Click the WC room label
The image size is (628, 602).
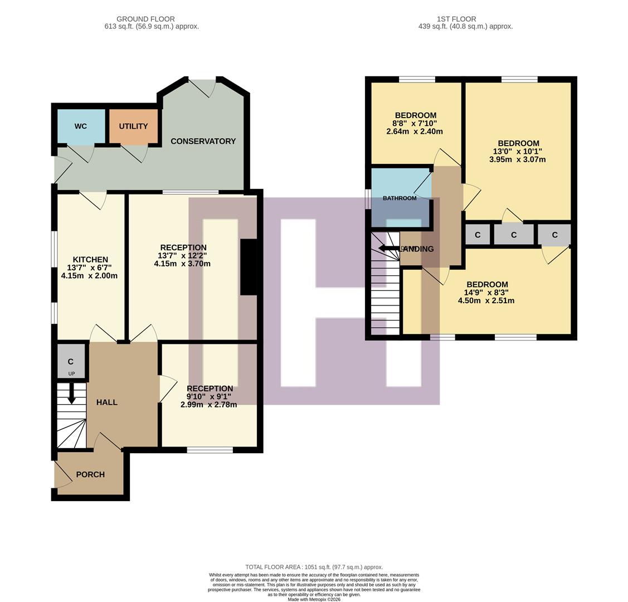[x=80, y=127]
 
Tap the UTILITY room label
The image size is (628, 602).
[x=133, y=127]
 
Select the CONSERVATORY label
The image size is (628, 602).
[x=203, y=142]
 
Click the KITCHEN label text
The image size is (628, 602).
[x=90, y=259]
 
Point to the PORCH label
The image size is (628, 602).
[x=90, y=474]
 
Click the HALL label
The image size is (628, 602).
[x=106, y=402]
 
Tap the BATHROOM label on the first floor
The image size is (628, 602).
[x=400, y=198]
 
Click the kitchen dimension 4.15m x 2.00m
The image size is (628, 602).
[x=89, y=275]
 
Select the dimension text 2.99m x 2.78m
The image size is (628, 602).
[x=208, y=405]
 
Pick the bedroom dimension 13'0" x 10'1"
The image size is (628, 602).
[x=518, y=151]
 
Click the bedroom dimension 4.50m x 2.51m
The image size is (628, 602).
[x=486, y=300]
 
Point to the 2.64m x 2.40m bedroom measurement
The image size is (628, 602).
[x=415, y=132]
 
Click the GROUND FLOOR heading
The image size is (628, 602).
[x=145, y=19]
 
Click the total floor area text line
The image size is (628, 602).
[x=314, y=567]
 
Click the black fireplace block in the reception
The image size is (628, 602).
[x=248, y=267]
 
